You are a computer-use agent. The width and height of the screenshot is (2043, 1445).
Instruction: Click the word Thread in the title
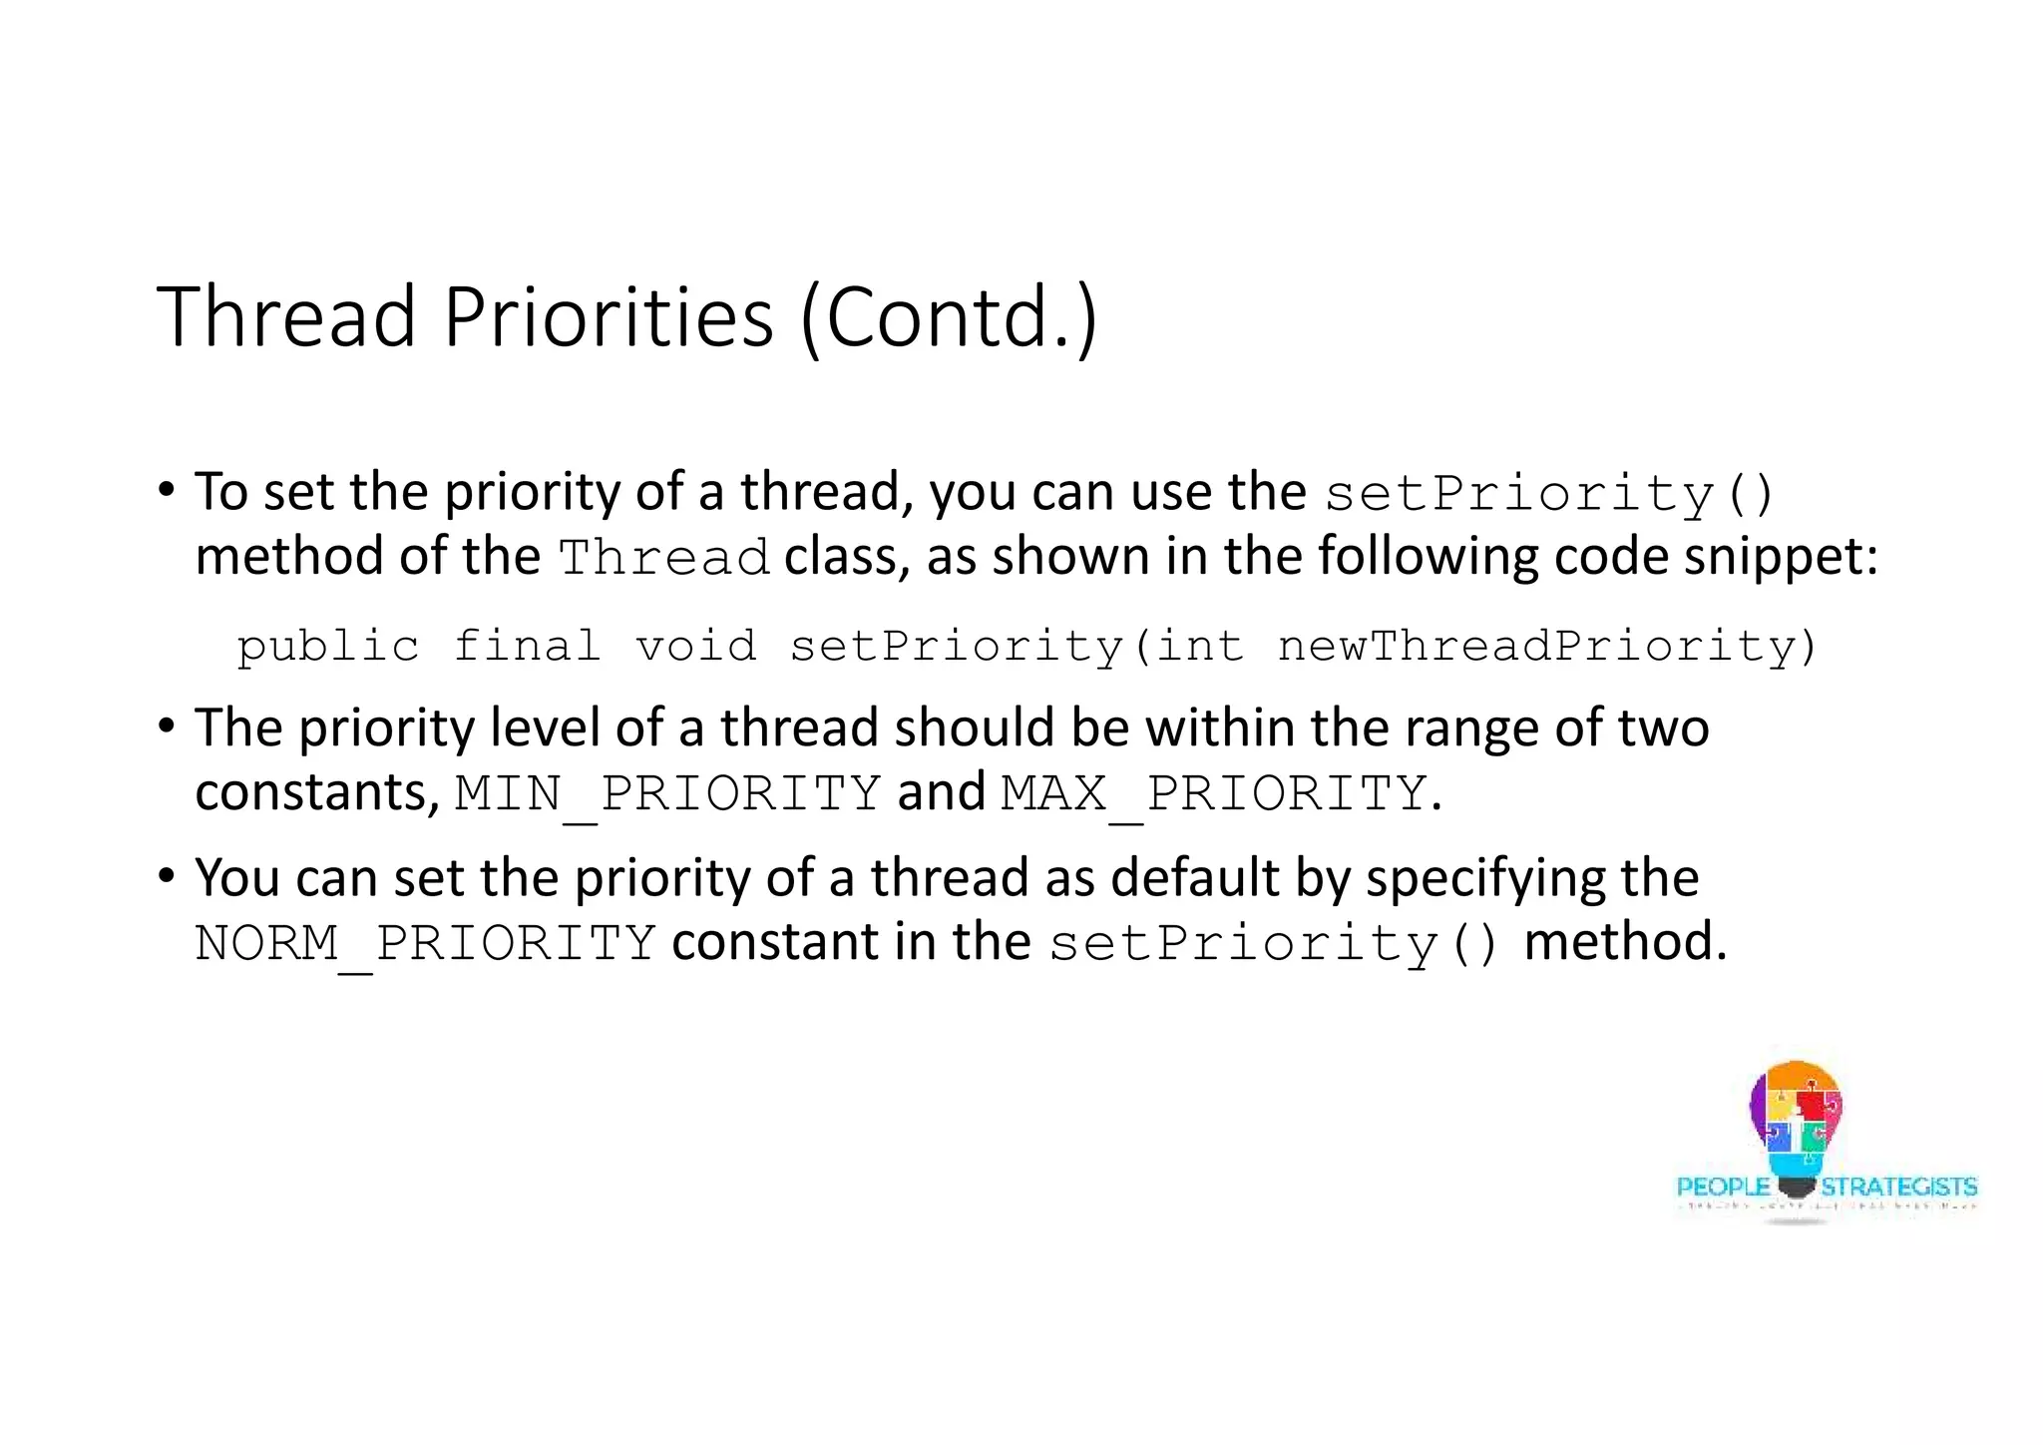coord(286,316)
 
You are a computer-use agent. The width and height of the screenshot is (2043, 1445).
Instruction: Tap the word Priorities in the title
coord(608,316)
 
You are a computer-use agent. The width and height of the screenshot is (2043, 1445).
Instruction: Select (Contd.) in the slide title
coord(949,318)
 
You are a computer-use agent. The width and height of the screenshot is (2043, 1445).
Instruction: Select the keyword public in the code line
coord(327,646)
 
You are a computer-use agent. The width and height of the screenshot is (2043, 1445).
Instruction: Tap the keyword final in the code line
coord(527,646)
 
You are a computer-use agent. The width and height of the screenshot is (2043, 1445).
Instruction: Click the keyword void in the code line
coord(695,646)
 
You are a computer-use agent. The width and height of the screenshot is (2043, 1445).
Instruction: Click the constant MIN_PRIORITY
coord(667,793)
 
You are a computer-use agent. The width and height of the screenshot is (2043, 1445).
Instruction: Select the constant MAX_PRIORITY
coord(1213,793)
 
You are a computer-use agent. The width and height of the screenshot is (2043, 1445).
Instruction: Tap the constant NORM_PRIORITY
coord(425,943)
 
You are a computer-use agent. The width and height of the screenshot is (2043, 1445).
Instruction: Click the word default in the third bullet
coord(1194,878)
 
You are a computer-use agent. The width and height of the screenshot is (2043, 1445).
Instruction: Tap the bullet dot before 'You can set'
coord(166,876)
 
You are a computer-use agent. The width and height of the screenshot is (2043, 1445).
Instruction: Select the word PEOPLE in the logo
coord(1723,1187)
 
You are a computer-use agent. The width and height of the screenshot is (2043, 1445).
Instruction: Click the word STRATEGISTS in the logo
coord(1898,1187)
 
